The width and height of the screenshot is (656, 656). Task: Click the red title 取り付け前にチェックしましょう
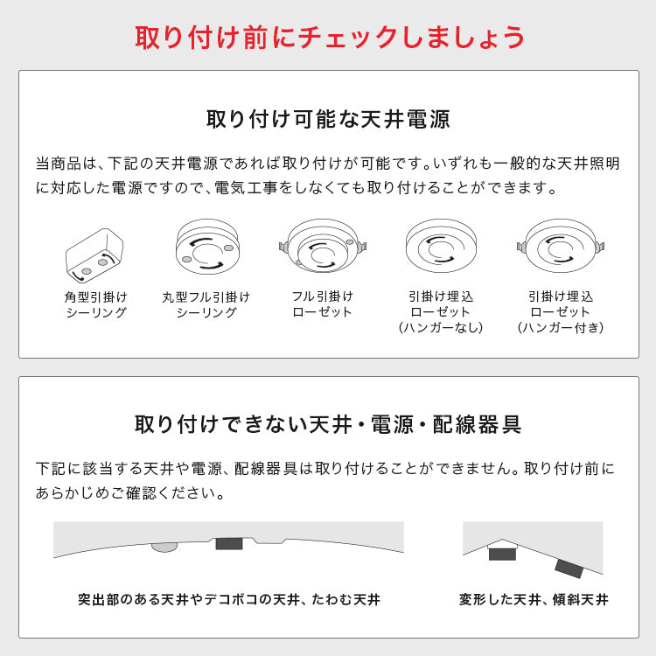point(329,37)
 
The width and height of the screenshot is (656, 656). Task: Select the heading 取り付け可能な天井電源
point(328,119)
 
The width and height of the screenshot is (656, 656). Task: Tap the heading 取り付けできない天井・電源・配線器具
point(328,425)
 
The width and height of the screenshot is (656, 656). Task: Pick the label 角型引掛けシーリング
point(95,304)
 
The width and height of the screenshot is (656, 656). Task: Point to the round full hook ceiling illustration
point(206,244)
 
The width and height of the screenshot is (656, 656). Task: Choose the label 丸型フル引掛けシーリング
point(206,304)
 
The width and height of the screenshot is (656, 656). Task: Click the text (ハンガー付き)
point(561,328)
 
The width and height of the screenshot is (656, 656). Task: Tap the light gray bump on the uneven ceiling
point(164,548)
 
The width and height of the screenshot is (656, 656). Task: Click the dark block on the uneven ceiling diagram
point(229,543)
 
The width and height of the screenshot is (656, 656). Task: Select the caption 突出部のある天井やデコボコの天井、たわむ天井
point(229,600)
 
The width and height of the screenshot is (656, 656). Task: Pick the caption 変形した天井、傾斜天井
point(534,600)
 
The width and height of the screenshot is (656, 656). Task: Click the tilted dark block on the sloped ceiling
point(569,568)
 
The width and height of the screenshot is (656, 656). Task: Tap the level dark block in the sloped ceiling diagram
point(502,554)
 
